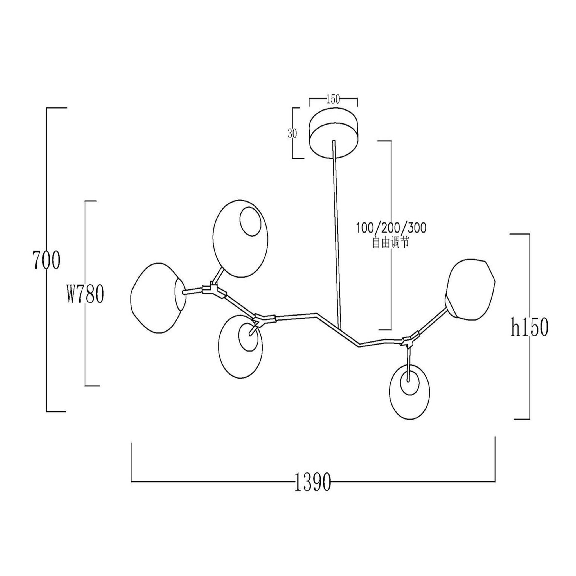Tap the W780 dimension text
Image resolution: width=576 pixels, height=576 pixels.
85,294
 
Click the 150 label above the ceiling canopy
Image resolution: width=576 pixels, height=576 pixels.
333,99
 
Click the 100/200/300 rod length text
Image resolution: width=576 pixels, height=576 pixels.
391,228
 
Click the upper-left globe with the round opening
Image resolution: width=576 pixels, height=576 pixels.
240,238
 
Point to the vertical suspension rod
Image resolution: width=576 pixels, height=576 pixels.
337,233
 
